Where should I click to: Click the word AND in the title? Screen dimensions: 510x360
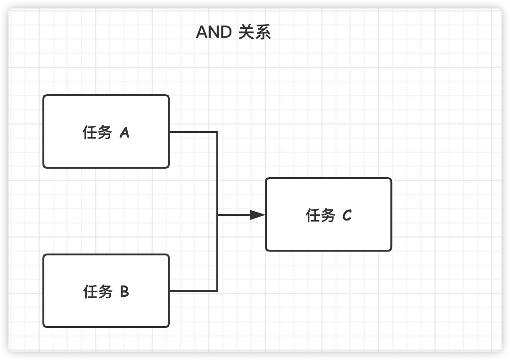[x=214, y=32]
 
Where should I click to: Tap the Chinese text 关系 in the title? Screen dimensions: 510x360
[x=255, y=32]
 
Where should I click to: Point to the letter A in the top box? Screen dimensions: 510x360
[x=124, y=133]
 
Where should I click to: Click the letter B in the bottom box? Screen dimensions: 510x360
[x=124, y=291]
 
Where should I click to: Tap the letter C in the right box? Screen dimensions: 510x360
[x=347, y=215]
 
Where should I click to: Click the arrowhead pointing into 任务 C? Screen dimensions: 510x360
[x=258, y=215]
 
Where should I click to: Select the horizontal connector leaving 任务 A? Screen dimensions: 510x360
[x=193, y=132]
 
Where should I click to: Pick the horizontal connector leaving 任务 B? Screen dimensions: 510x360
[x=193, y=291]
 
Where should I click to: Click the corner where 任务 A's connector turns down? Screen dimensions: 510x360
[x=217, y=132]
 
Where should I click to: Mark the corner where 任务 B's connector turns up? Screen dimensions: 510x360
[x=217, y=291]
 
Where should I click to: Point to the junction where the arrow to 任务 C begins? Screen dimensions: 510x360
[x=217, y=215]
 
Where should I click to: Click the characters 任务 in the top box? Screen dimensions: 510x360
[x=97, y=132]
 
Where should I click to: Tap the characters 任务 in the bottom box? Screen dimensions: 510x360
[x=98, y=291]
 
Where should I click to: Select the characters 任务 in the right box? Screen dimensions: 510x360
[x=321, y=215]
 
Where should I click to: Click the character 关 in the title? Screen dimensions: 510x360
[x=246, y=32]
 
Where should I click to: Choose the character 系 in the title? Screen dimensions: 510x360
[x=263, y=32]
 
